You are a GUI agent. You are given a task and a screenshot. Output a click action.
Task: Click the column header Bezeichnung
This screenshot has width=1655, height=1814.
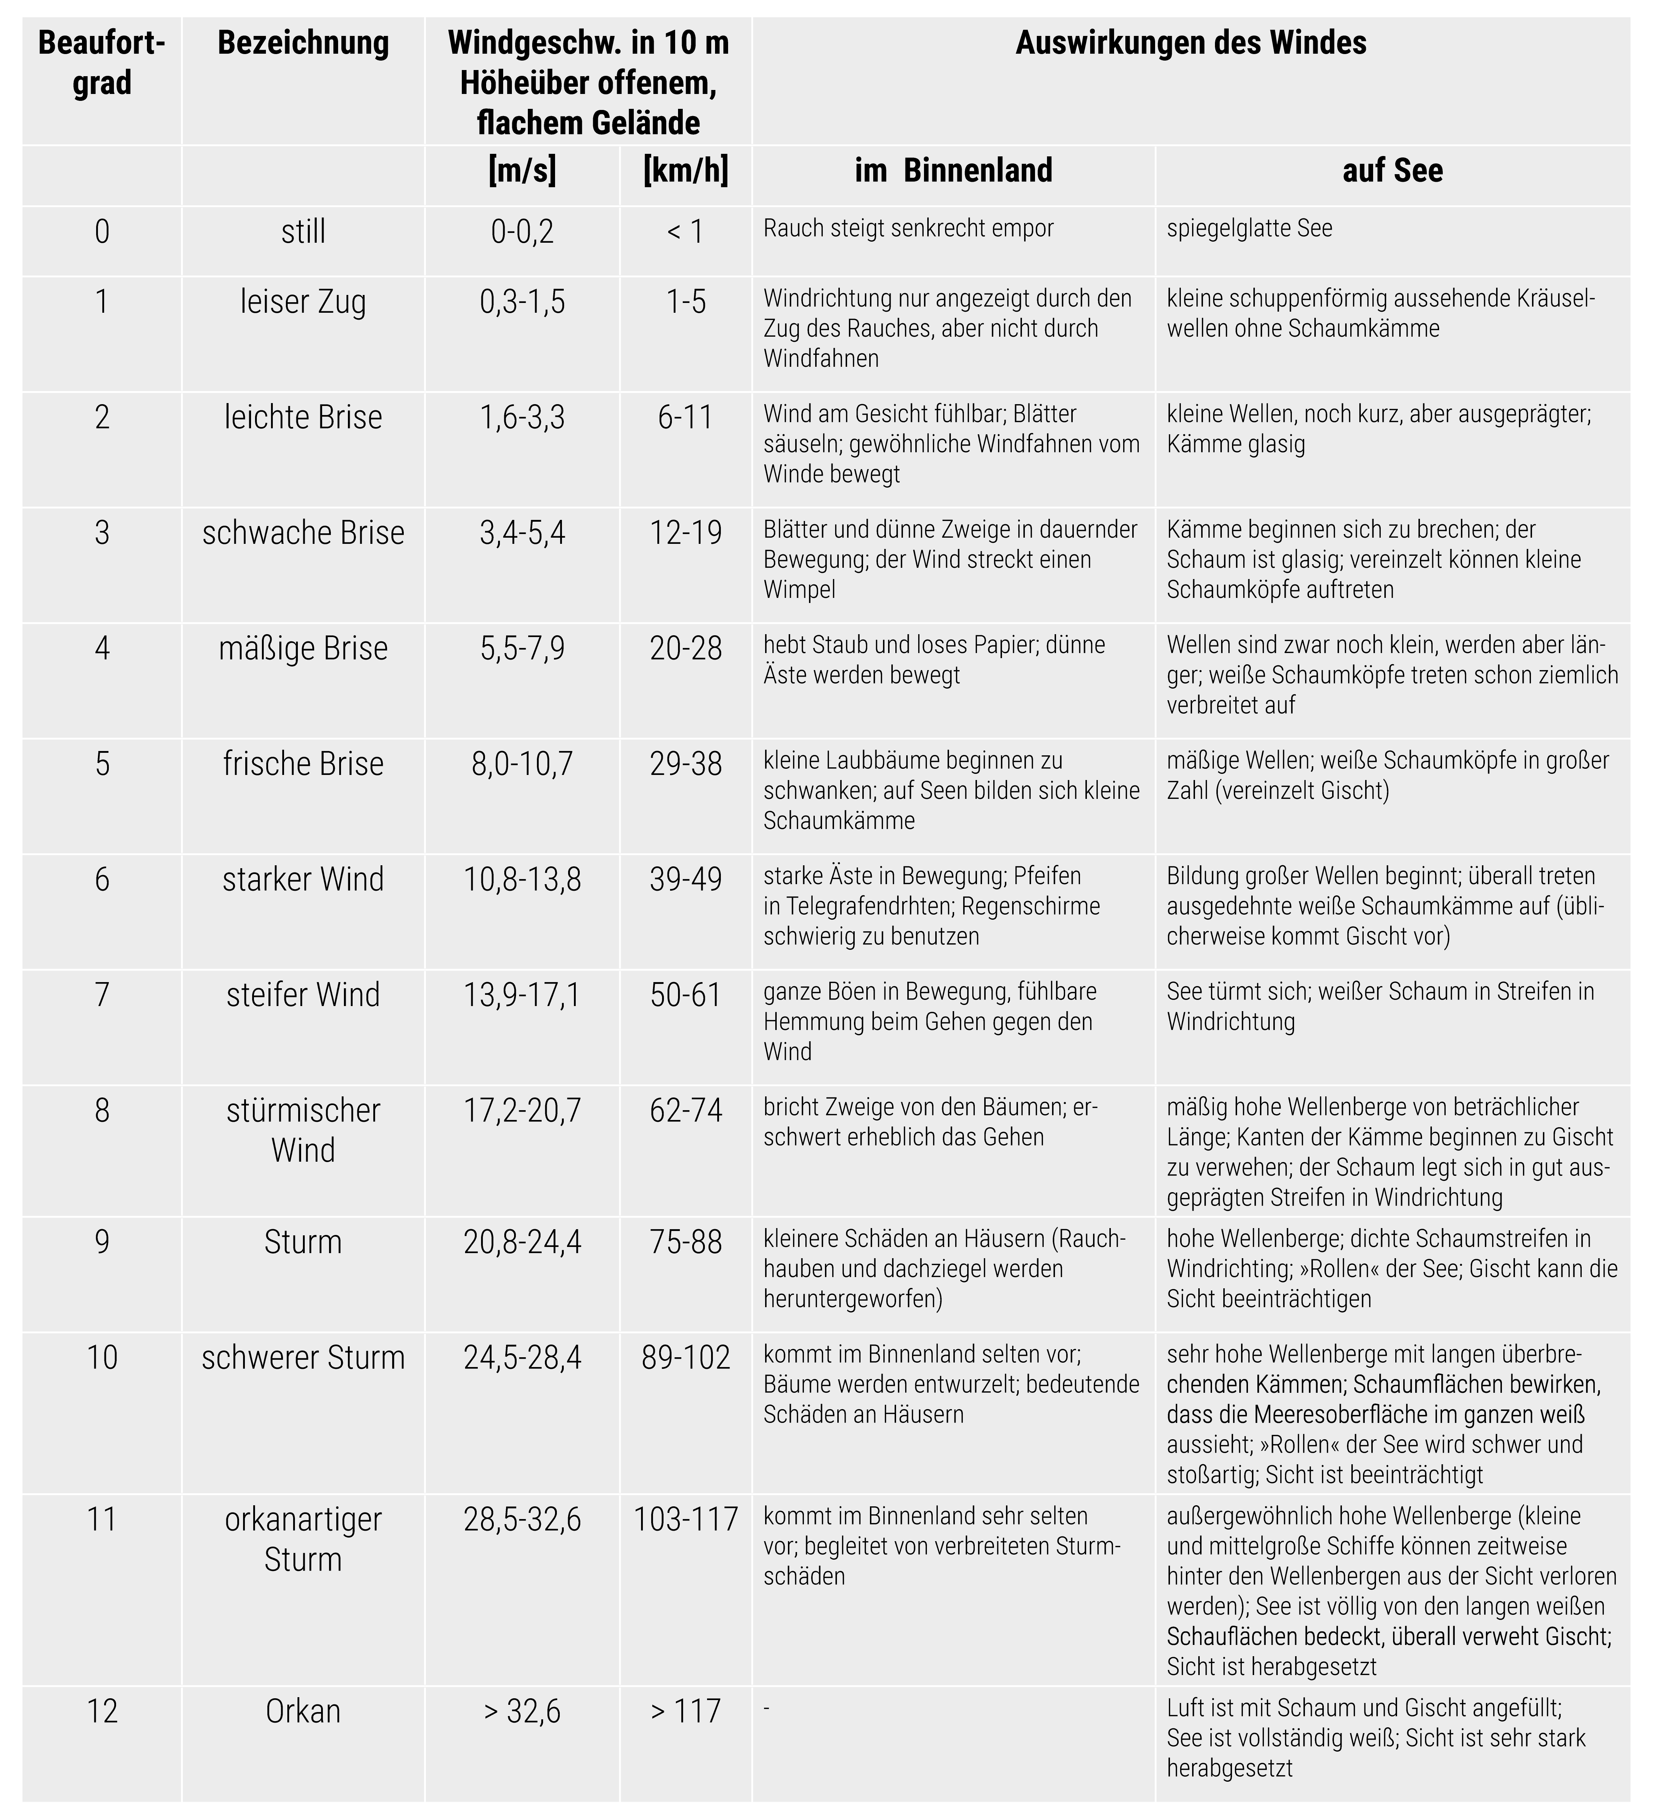tap(303, 43)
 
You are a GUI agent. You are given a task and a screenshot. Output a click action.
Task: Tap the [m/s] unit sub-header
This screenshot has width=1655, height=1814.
tap(522, 170)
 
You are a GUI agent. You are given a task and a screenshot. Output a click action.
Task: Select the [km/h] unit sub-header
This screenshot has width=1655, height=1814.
tap(686, 170)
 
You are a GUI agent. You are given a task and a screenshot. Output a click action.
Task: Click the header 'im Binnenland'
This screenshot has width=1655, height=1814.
tap(953, 170)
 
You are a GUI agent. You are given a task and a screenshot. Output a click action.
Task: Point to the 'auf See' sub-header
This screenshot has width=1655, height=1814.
tap(1392, 170)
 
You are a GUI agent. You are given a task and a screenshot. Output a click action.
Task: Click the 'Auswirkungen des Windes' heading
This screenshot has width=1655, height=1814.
tap(1191, 43)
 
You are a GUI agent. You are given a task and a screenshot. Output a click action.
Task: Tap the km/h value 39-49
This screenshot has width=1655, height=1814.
tap(686, 879)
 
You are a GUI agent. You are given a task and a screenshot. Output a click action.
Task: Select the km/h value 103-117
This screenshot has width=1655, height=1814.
tap(686, 1520)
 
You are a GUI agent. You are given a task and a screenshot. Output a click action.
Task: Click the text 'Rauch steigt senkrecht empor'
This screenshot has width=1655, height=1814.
tap(908, 229)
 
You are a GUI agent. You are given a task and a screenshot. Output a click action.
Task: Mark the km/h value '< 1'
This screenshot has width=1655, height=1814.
tap(686, 232)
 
